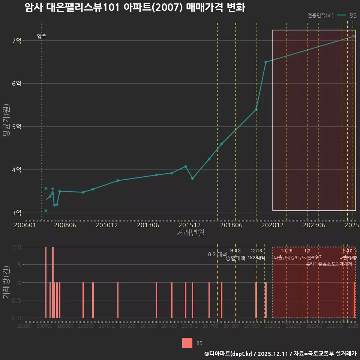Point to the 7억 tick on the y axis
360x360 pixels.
[x=16, y=40]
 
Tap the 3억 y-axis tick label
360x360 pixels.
[x=16, y=213]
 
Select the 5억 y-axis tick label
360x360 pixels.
[x=16, y=127]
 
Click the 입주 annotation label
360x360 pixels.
[x=42, y=36]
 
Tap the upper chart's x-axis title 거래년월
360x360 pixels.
[x=190, y=233]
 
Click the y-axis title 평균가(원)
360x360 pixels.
[x=6, y=127]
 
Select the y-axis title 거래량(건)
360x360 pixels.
[x=6, y=282]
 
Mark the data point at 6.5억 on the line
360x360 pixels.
[x=265, y=62]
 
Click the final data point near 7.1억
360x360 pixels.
[x=354, y=36]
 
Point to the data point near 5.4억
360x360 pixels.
[x=256, y=109]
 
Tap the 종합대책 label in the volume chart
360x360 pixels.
[x=235, y=258]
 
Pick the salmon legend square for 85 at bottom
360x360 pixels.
[x=187, y=343]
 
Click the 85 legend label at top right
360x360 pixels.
[x=353, y=15]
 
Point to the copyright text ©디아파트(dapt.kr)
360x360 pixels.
[x=229, y=354]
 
